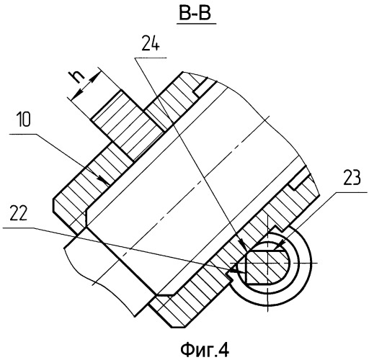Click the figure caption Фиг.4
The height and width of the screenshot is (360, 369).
[x=205, y=349]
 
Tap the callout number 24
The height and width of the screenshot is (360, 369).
[x=150, y=43]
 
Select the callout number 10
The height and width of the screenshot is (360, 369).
[x=24, y=120]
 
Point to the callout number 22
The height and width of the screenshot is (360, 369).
[x=19, y=213]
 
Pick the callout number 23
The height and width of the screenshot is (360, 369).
[x=352, y=178]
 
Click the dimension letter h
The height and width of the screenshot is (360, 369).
[x=77, y=77]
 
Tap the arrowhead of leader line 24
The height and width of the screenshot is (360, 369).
[x=242, y=244]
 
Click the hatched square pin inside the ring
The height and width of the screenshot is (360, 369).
[x=267, y=266]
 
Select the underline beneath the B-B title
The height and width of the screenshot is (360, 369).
[x=197, y=24]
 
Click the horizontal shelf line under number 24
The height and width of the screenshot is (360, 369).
[x=151, y=58]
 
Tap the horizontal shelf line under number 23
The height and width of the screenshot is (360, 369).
[x=352, y=192]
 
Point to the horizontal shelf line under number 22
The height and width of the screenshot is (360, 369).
[x=18, y=228]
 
